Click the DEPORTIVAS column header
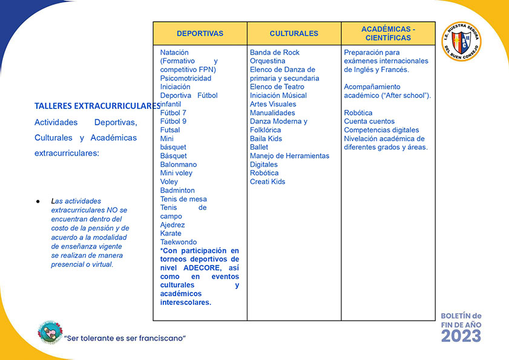point(200,34)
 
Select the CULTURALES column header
point(294,34)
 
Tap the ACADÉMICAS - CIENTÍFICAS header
point(388,33)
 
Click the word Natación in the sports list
point(174,53)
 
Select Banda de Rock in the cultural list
point(275,53)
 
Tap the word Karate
point(171,234)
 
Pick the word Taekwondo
point(179,242)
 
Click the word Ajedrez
point(172,225)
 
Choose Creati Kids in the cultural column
point(268,182)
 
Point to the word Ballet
point(259,147)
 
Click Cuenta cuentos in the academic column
point(369,122)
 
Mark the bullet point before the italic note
point(38,201)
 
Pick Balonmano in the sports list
point(179,165)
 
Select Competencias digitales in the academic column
point(381,130)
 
